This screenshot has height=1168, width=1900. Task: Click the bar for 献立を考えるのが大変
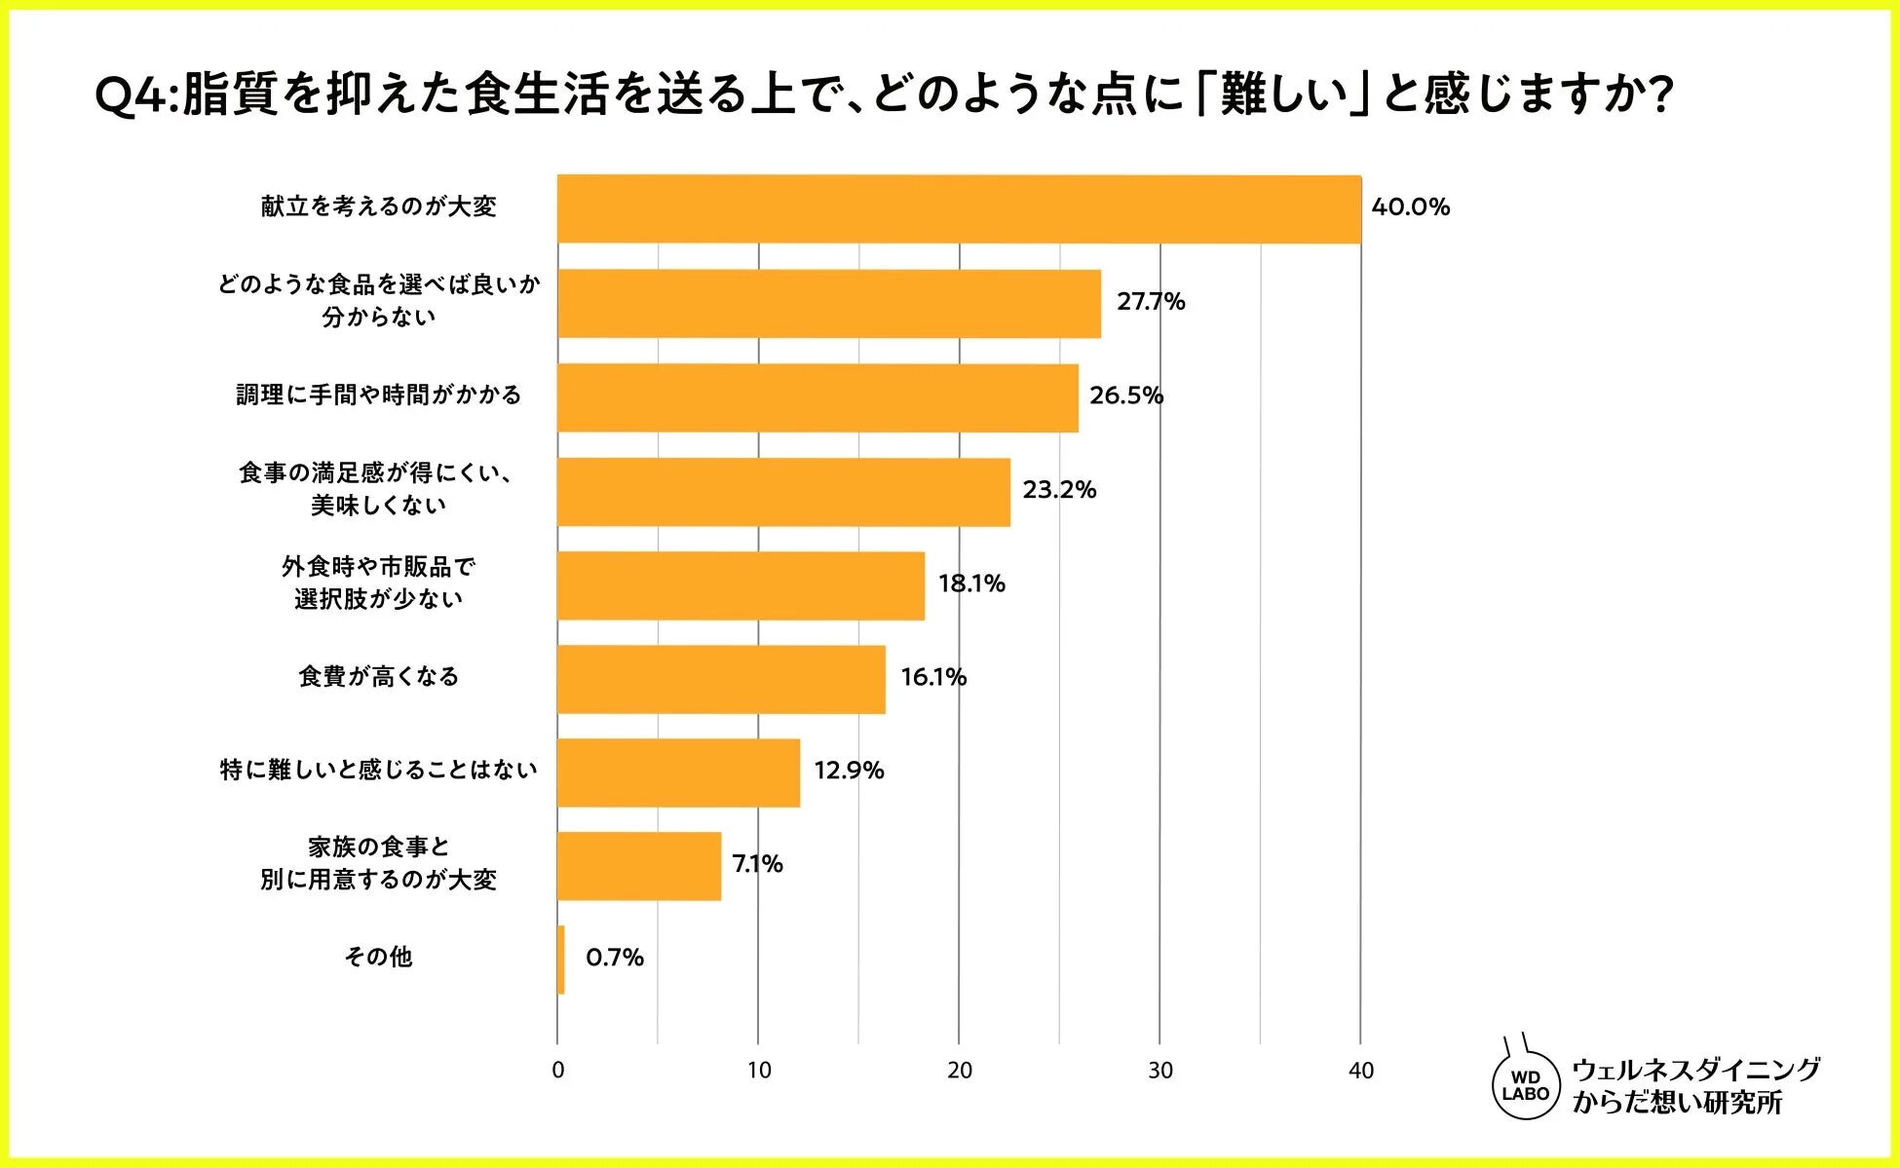(x=959, y=209)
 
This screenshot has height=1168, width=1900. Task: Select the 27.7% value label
(x=1151, y=302)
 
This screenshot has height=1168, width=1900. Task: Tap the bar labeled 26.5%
(x=817, y=397)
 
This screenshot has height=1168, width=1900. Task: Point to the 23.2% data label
(x=1059, y=490)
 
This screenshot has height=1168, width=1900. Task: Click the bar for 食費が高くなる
(x=721, y=679)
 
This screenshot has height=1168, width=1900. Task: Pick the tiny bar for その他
(x=561, y=960)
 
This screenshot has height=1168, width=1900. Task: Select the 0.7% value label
(x=615, y=958)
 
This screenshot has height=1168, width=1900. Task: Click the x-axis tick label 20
(x=960, y=1071)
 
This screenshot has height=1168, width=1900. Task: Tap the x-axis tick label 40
(x=1361, y=1071)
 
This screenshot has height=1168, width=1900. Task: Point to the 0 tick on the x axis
(x=557, y=1071)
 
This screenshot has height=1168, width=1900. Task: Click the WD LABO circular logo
(x=1526, y=1086)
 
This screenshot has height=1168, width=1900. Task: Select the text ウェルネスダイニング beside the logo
(x=1695, y=1070)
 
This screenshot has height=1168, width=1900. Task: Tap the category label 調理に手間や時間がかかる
(x=379, y=396)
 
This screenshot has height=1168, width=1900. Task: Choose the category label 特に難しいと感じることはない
(x=379, y=771)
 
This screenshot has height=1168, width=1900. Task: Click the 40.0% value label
(x=1410, y=207)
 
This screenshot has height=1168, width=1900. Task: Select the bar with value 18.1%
(x=741, y=585)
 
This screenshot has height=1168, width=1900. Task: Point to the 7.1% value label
(x=757, y=864)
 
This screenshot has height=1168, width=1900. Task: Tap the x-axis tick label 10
(x=759, y=1071)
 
